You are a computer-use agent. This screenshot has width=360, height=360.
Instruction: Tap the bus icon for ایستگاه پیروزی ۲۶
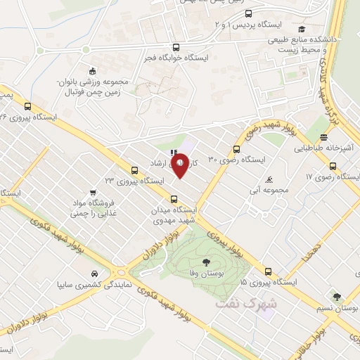click(27, 107)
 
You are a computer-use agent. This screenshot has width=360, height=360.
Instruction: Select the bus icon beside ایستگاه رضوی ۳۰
click(236, 149)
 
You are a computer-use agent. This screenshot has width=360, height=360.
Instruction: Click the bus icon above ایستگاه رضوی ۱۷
click(333, 167)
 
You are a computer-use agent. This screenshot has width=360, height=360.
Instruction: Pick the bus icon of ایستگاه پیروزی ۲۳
click(134, 169)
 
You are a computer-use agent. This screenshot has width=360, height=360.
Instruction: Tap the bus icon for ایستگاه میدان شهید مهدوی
click(175, 199)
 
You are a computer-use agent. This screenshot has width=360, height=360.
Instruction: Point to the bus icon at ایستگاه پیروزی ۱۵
click(267, 271)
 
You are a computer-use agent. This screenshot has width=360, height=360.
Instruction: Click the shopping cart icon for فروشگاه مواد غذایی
click(93, 193)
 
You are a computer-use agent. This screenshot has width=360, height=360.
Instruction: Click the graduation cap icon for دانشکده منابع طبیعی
click(301, 29)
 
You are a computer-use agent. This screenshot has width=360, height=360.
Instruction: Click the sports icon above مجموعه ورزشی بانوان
click(92, 70)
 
